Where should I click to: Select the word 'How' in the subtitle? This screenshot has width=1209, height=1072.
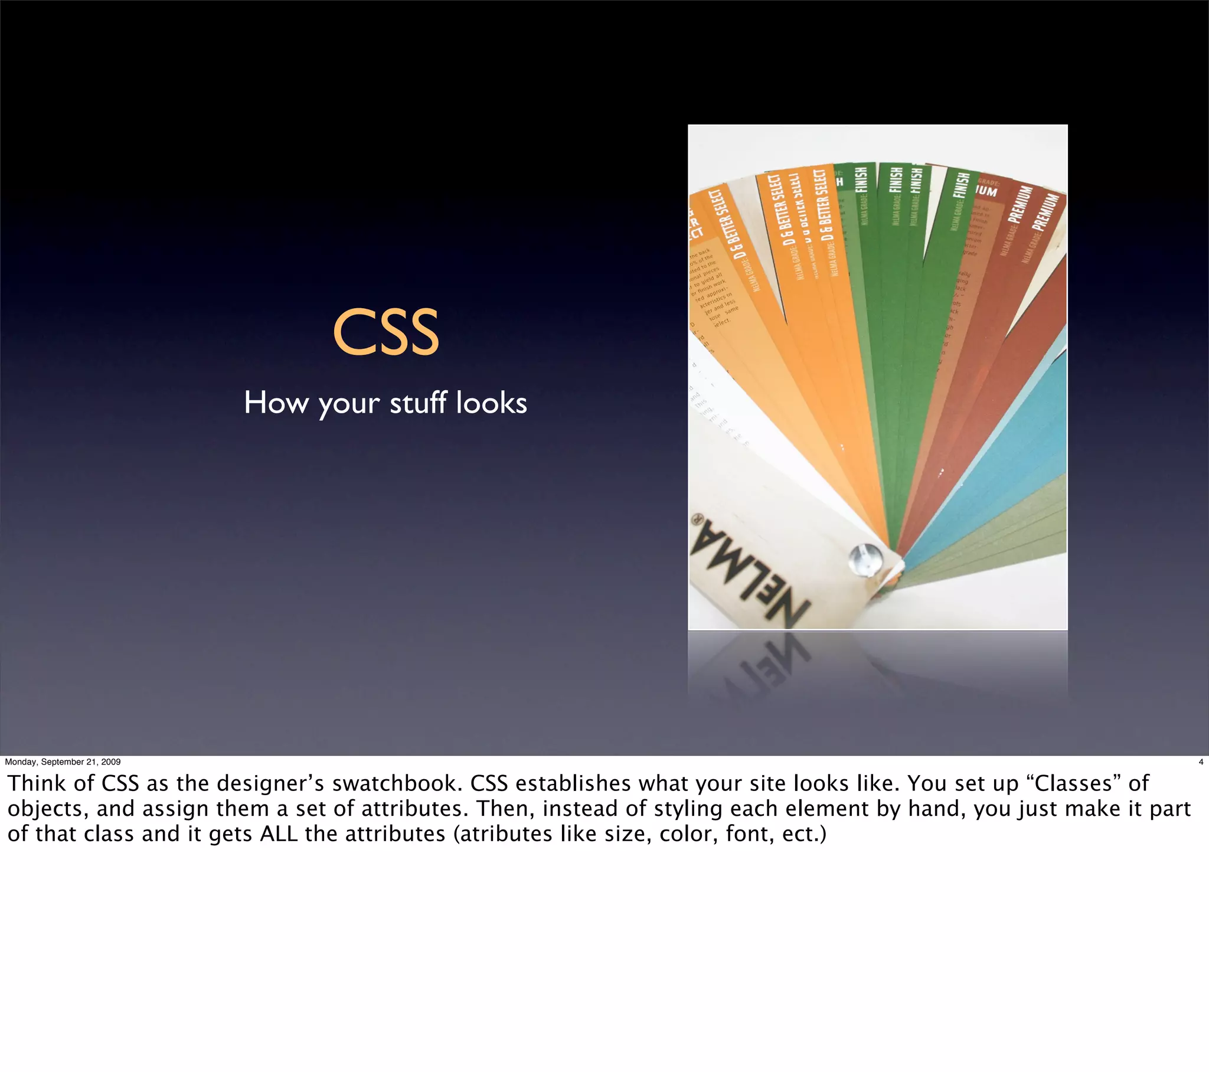[x=276, y=403]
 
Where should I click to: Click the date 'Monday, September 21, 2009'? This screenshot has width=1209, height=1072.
[x=63, y=762]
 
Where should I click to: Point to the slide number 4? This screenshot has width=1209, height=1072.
[x=1200, y=762]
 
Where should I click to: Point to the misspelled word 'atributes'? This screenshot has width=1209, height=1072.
[x=526, y=834]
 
